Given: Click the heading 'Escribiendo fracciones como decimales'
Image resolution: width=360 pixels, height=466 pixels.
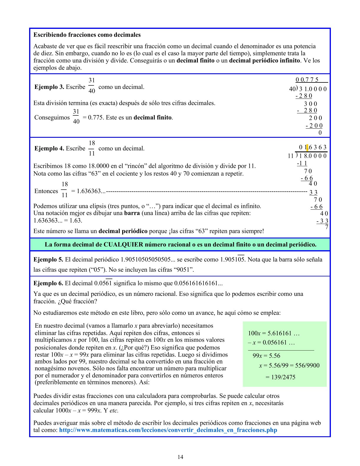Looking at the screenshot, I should [87, 35].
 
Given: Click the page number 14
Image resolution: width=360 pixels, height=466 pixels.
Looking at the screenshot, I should [180, 457].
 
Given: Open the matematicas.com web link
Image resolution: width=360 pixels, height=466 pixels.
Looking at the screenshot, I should [168, 430].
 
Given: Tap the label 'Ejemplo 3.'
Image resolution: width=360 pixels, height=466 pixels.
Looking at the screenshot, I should [49, 87].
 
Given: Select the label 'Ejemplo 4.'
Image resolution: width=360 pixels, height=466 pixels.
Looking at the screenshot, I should [49, 148].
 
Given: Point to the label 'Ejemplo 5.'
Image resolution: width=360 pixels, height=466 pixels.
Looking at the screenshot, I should [48, 260].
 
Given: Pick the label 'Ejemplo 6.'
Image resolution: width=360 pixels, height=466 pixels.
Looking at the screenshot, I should [48, 283].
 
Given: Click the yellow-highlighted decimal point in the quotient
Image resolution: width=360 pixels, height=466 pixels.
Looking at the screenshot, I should [307, 147].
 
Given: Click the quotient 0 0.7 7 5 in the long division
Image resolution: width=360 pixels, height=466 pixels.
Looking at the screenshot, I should [307, 80].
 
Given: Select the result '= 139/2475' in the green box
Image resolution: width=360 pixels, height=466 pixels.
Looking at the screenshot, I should [280, 377].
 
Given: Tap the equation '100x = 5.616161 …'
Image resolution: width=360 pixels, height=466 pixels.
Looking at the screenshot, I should [273, 333].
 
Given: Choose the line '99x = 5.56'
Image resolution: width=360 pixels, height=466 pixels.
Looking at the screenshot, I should [266, 356].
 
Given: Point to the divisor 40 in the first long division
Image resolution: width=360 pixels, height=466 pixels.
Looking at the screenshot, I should [292, 89].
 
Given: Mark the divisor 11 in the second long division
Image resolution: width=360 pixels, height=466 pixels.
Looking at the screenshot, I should [291, 156].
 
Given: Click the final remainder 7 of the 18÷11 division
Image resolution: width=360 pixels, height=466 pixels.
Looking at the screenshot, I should [327, 227].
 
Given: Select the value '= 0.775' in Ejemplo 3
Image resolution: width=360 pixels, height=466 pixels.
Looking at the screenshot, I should [93, 117].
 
